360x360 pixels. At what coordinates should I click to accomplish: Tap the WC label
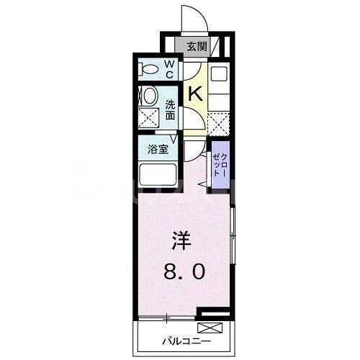[x=170, y=69]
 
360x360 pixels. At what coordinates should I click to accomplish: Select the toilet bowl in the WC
[x=149, y=70]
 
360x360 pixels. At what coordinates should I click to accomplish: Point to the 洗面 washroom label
[x=171, y=109]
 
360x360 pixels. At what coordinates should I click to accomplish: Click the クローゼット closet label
[x=220, y=168]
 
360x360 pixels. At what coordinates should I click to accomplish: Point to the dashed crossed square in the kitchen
[x=220, y=123]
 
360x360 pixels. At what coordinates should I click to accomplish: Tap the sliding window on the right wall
[x=233, y=234]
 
